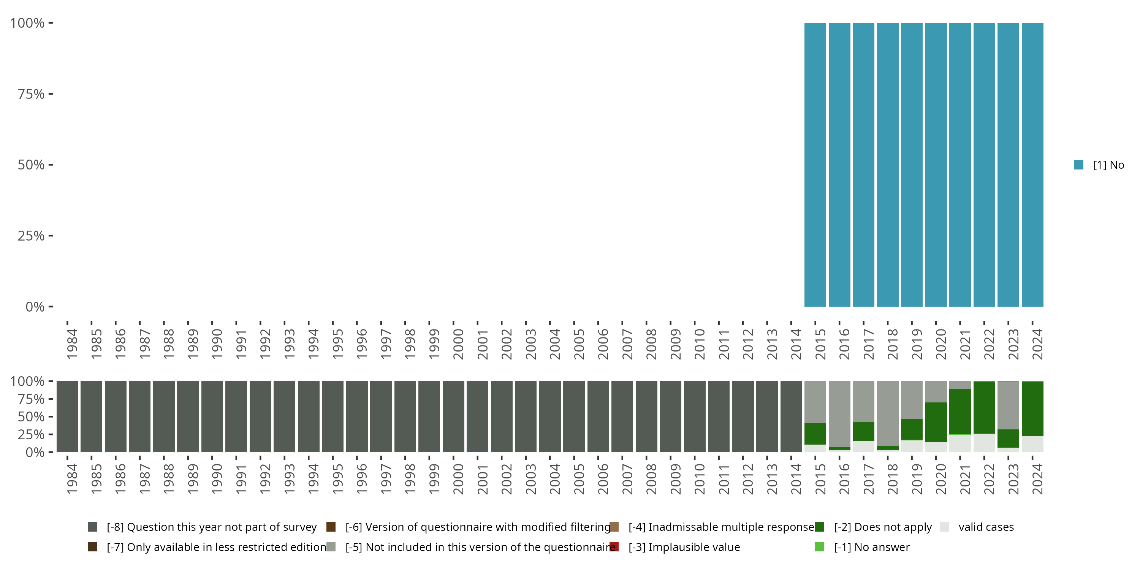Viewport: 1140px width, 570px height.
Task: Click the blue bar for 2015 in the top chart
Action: (815, 165)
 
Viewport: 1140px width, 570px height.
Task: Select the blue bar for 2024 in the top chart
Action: (1032, 165)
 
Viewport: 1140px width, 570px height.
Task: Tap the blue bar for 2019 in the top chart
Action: (912, 165)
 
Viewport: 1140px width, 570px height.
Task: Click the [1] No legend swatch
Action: (1078, 165)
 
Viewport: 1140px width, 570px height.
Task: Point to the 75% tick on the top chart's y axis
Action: (51, 94)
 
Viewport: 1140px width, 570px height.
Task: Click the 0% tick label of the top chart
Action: (35, 307)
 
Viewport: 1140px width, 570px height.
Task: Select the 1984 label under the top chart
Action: (72, 344)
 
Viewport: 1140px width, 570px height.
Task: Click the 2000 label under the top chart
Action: (458, 344)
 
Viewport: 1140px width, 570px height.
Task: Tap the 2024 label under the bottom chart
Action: (1037, 479)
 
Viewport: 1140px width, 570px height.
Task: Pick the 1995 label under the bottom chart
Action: (337, 479)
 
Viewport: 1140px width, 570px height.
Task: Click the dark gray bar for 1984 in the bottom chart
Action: (67, 416)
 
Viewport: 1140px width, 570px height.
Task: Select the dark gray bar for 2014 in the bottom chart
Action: (791, 416)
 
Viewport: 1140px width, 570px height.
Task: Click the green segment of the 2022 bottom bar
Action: (984, 407)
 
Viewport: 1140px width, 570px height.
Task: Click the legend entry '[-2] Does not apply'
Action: (882, 527)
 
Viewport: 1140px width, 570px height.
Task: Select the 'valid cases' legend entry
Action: (986, 527)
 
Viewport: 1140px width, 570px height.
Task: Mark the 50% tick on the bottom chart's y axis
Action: (51, 416)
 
